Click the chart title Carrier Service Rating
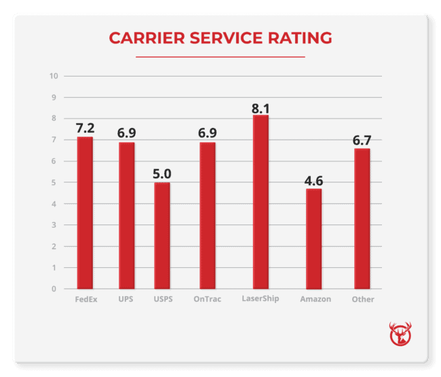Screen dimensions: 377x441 (x=220, y=37)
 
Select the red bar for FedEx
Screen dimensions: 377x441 (x=85, y=213)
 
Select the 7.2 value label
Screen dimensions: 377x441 (x=85, y=127)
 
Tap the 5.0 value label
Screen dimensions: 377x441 (x=162, y=174)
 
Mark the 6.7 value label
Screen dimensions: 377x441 (x=362, y=140)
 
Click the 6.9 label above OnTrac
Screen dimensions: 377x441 (x=207, y=133)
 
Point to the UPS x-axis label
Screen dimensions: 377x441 (x=126, y=299)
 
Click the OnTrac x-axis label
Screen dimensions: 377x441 (x=207, y=299)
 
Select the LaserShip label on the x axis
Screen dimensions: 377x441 (x=261, y=299)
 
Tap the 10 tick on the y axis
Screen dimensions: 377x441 (x=54, y=75)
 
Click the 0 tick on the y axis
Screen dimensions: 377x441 (x=54, y=289)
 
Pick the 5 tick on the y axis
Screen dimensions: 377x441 (x=54, y=182)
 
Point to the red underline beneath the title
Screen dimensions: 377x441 (x=220, y=57)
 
